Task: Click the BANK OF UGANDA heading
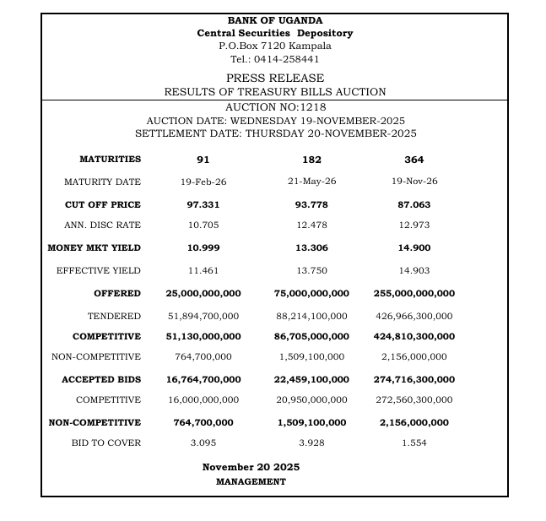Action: (274, 20)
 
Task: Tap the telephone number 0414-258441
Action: (274, 59)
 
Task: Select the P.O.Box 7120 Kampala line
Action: (274, 46)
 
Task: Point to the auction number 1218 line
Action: (275, 107)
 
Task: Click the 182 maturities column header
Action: (311, 160)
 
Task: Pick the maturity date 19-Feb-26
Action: (203, 182)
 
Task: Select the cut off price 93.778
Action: (311, 205)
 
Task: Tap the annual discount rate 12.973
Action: (414, 225)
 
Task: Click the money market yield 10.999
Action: (203, 248)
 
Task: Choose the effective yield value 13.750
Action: (311, 271)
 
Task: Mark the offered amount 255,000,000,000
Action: (414, 294)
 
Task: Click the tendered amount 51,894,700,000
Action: (203, 317)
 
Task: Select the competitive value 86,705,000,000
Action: (311, 337)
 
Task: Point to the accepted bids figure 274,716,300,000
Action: (414, 380)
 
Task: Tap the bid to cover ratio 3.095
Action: (203, 443)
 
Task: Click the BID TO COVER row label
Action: (105, 443)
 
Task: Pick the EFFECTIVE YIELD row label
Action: (99, 271)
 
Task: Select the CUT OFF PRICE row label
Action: (103, 205)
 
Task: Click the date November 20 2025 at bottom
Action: (251, 467)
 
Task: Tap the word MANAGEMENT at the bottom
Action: (251, 482)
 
